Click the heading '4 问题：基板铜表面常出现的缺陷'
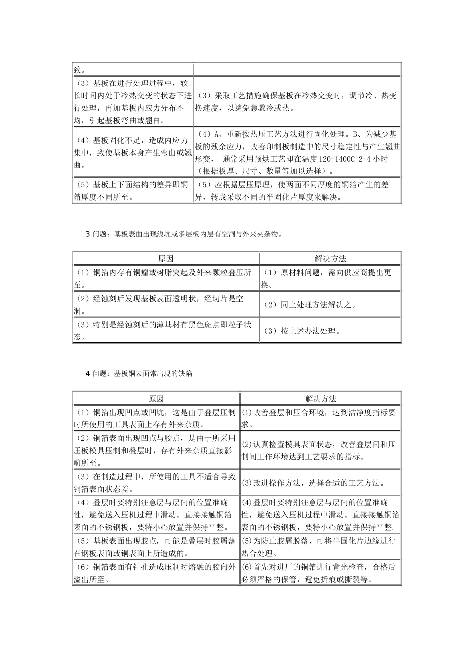(139, 373)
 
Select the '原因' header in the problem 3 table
(165, 259)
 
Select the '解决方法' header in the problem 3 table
(330, 259)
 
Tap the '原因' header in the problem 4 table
(156, 399)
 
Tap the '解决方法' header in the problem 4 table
(320, 399)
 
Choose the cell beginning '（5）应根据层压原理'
(297, 191)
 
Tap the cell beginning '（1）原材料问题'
(329, 278)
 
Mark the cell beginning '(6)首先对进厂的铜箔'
(320, 573)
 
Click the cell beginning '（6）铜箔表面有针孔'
(156, 573)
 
